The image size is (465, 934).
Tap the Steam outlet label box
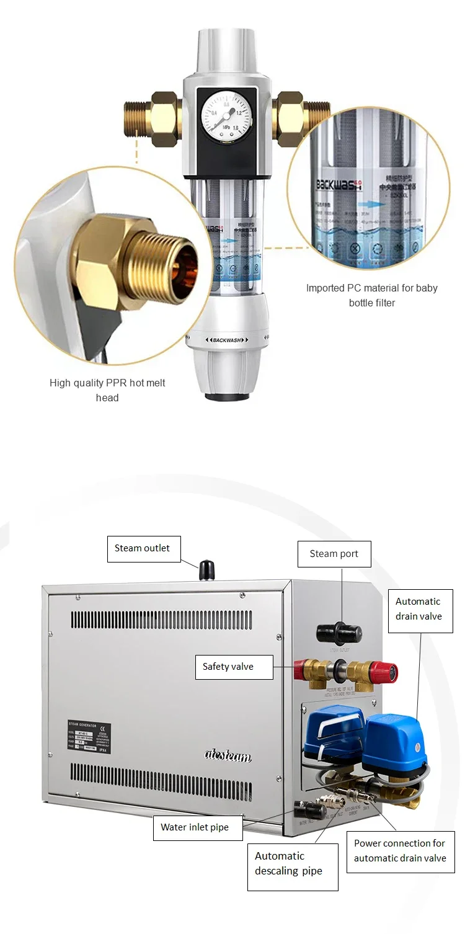143,549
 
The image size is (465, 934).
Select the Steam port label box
334,554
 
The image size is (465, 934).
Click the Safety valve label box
228,667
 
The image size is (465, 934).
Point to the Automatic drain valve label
418,609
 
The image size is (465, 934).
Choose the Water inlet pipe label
195,827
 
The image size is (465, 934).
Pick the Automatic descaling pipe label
289,863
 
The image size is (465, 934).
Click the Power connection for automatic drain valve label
400,851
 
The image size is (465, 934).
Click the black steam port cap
339,633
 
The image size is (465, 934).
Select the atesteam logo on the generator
228,754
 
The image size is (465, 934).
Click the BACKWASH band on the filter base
227,340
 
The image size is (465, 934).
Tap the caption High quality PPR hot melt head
107,390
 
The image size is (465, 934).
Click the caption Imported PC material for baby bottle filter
371,295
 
